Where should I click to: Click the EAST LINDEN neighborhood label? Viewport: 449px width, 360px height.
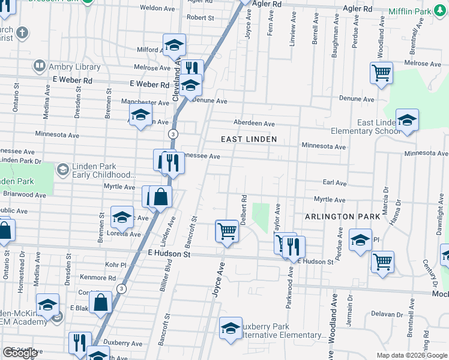tap(249, 139)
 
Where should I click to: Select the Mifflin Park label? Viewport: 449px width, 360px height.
tap(427, 11)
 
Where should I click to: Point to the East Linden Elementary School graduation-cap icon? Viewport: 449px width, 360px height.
tap(407, 120)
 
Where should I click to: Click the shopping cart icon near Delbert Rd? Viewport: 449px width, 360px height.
tap(227, 230)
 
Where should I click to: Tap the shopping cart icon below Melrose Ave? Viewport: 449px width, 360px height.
tap(382, 73)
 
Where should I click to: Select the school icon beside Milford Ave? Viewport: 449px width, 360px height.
tap(174, 45)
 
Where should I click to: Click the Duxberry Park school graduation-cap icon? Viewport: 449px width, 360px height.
tap(231, 328)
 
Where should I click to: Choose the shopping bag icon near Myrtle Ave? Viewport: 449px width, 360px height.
tap(161, 196)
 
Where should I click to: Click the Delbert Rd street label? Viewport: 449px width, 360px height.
tap(244, 208)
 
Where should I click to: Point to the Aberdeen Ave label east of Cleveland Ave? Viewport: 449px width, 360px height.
tap(254, 124)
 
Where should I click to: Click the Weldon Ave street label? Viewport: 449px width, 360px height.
tap(157, 8)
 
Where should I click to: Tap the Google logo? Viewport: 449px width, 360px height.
tap(20, 353)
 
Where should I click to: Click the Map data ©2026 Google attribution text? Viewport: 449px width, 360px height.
tap(411, 355)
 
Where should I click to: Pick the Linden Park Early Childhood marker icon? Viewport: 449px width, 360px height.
tap(62, 170)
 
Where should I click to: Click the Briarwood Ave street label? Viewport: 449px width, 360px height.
tap(24, 194)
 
